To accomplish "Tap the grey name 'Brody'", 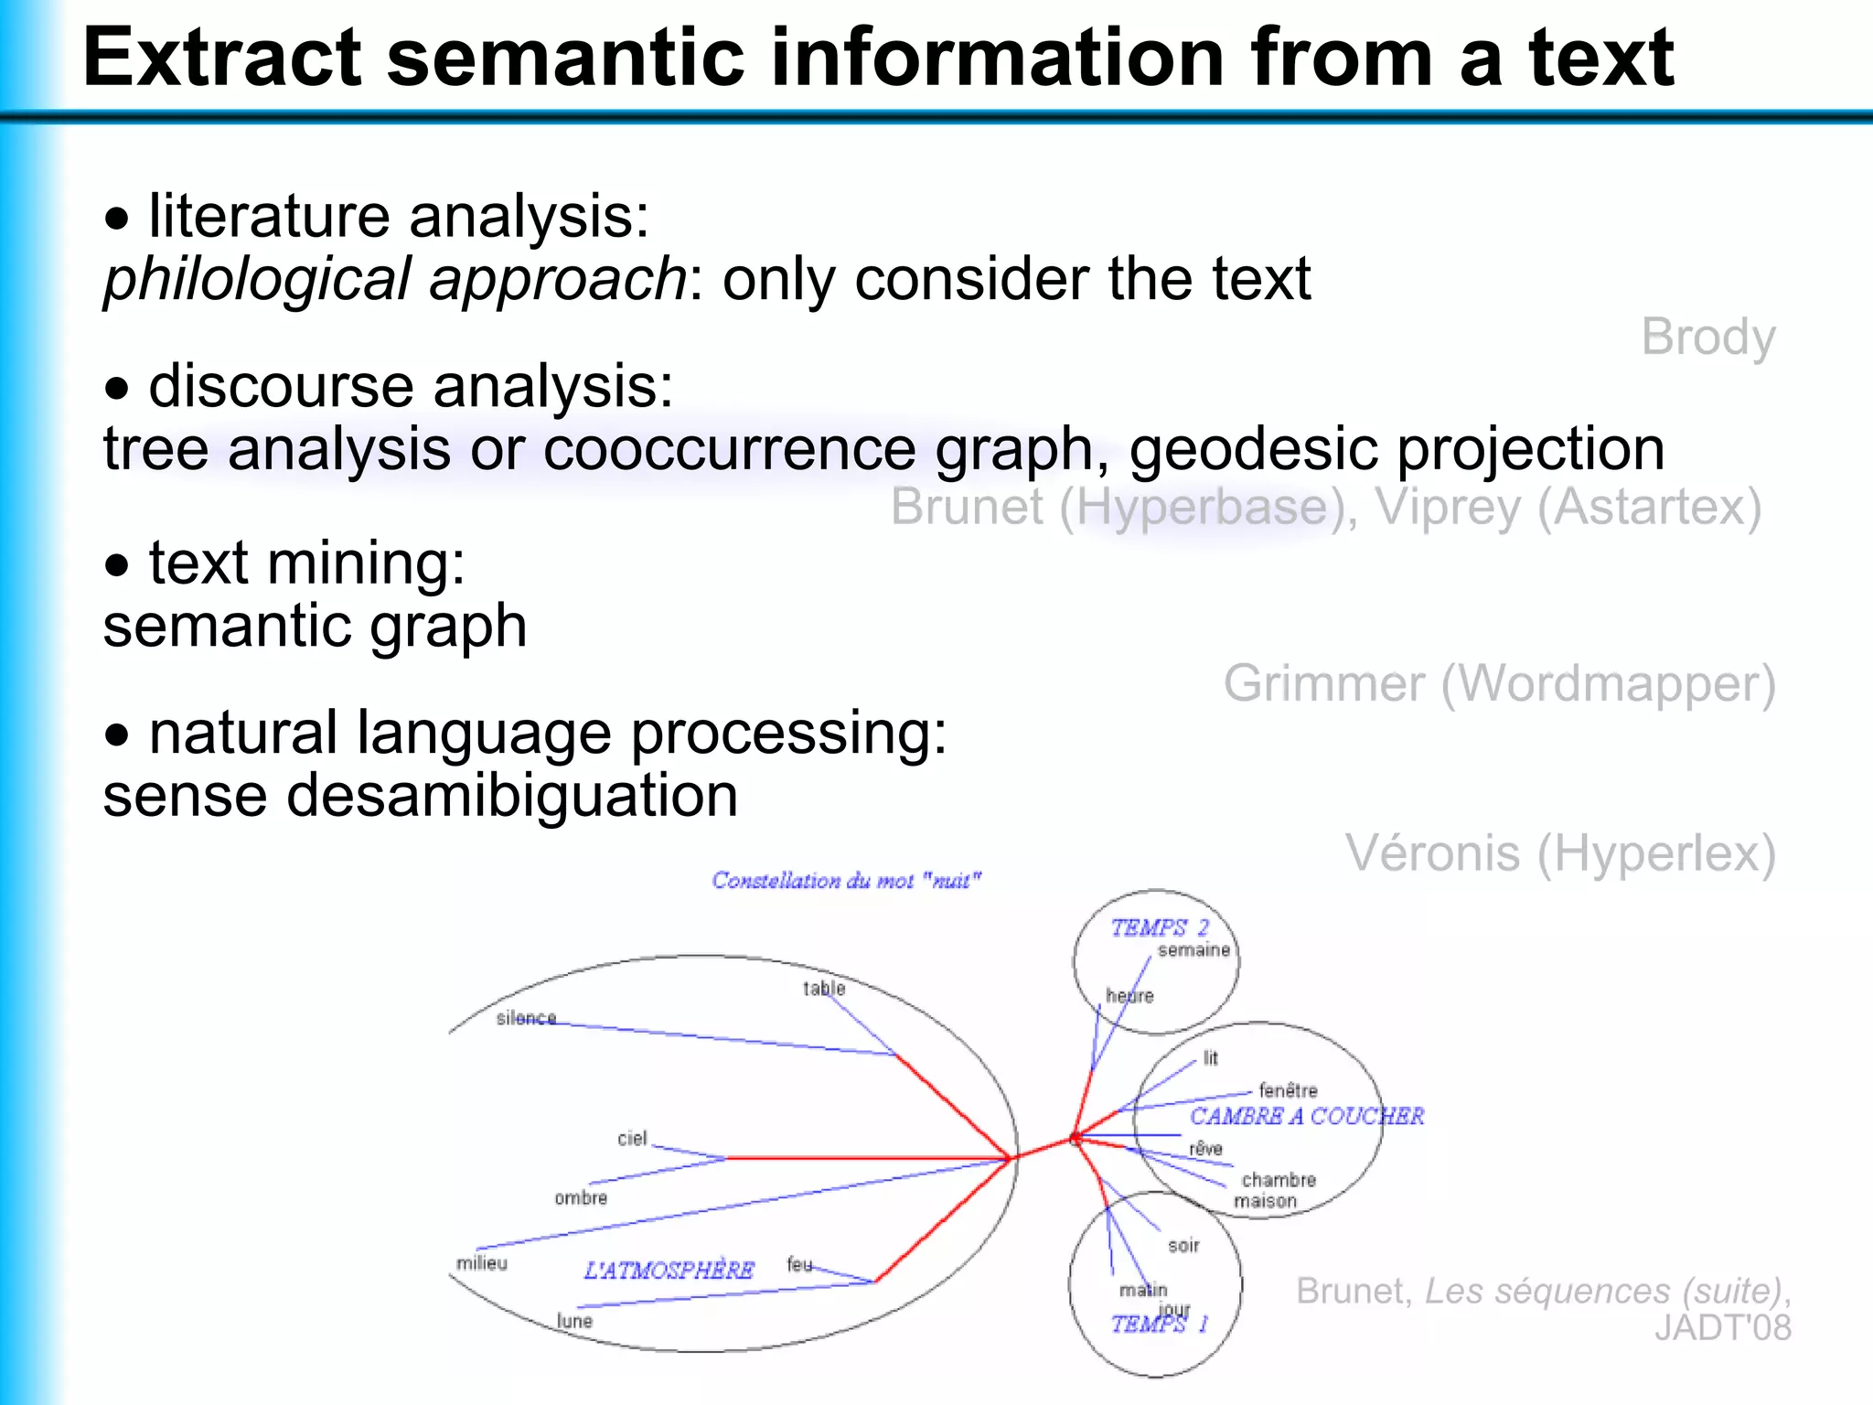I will coord(1707,338).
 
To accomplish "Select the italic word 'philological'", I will coord(256,279).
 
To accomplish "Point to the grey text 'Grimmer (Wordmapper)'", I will coord(1499,684).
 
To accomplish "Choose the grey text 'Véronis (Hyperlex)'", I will coord(1559,853).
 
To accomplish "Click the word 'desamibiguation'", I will coord(511,796).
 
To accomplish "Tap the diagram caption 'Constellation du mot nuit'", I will coord(846,881).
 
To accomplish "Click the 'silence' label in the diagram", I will coord(526,1018).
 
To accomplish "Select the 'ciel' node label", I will coord(632,1139).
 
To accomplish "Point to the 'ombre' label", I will coord(581,1198).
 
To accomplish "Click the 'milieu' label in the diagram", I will coord(482,1263).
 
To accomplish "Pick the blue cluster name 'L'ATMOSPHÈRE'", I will coord(669,1271).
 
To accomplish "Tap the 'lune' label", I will coord(575,1321).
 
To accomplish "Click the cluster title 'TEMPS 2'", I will coord(1160,928).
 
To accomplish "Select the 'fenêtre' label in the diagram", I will coord(1288,1090).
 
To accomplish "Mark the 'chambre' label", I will coord(1279,1180).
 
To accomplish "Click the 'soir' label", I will coord(1183,1246).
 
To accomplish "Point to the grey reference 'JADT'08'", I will coord(1722,1328).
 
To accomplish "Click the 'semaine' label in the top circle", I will coord(1193,950).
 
